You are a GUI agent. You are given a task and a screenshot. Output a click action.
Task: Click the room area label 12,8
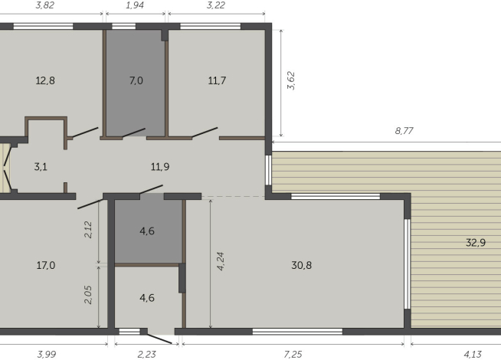coord(45,80)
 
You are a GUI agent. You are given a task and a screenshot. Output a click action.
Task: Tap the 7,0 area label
coord(136,80)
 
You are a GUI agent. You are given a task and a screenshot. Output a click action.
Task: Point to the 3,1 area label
coord(41,165)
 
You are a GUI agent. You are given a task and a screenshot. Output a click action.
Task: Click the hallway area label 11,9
coord(159,165)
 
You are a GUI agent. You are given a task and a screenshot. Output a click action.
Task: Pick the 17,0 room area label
coord(45,266)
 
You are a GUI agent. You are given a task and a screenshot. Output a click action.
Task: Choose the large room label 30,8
coord(301,266)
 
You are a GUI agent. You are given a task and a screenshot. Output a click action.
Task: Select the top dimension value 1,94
coord(135,5)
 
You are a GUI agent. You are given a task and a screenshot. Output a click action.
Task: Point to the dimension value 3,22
coord(215,5)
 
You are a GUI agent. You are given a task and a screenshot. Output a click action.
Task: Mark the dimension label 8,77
coord(404,132)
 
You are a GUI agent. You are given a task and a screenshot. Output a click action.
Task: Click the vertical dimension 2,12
coord(89,230)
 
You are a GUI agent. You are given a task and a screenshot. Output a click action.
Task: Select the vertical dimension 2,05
coord(89,296)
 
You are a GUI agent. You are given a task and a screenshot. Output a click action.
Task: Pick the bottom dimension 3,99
coord(49,354)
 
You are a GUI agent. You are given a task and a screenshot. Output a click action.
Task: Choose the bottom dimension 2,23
coord(145,354)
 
